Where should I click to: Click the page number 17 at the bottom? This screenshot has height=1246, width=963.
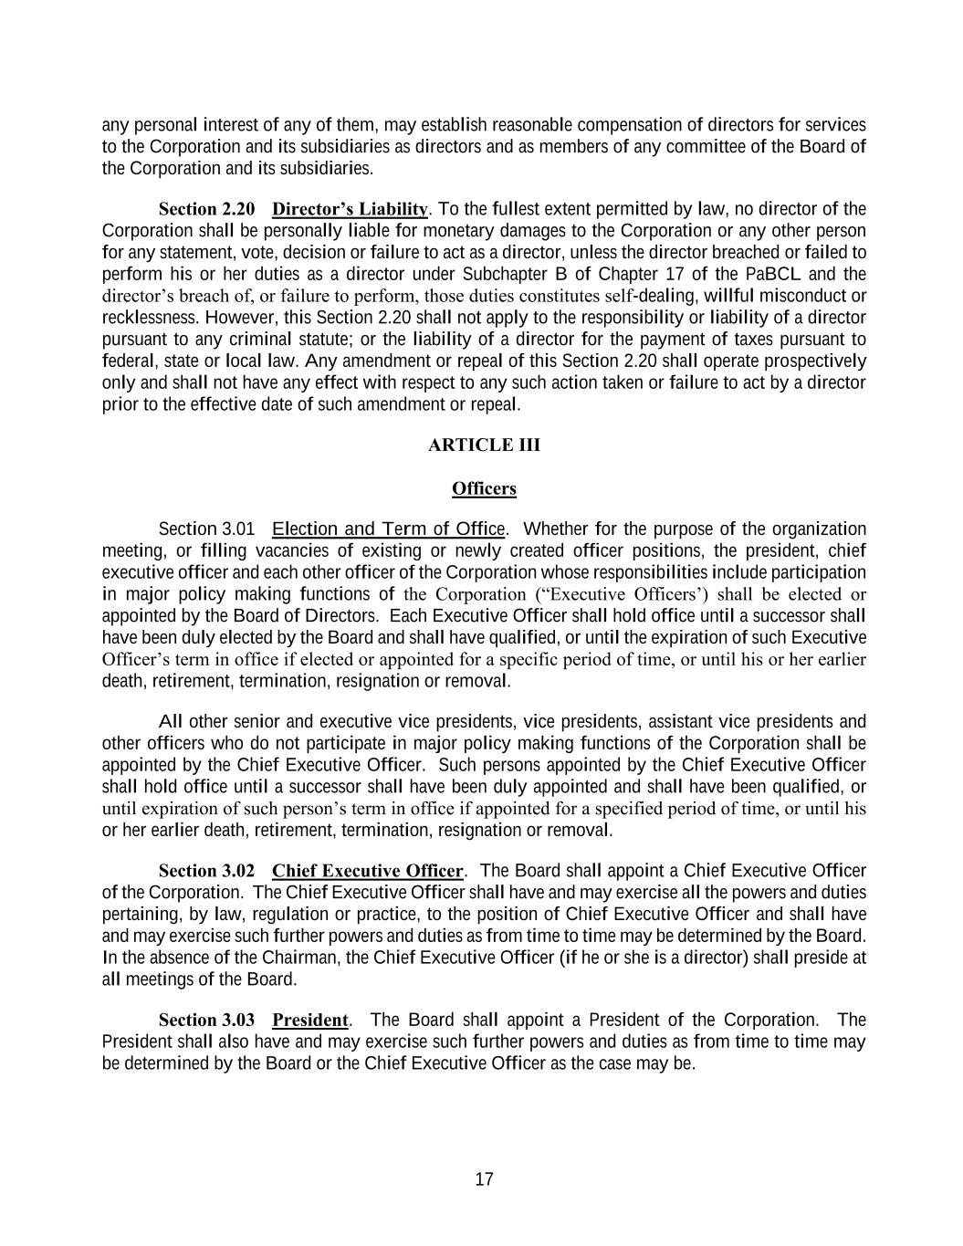tap(484, 1179)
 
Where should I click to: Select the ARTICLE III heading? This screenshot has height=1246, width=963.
tap(484, 445)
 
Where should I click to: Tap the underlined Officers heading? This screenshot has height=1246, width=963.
tap(484, 489)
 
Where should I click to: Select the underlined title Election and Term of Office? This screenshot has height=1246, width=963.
tap(389, 529)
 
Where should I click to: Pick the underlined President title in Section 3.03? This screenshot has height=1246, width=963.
tap(310, 1021)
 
